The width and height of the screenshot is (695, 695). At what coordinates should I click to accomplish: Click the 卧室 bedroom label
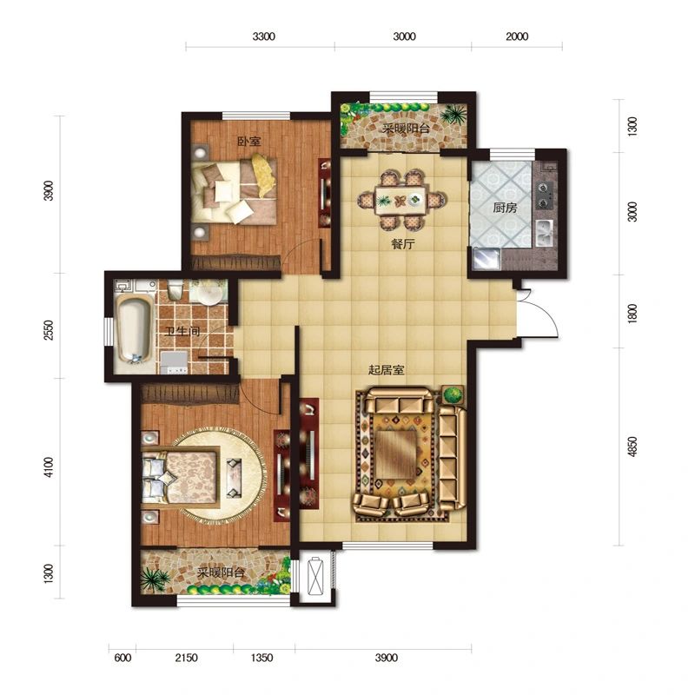(x=249, y=142)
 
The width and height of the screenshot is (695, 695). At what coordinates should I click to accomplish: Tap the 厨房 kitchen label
(x=505, y=208)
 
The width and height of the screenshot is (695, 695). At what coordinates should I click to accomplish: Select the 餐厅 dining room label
(x=403, y=244)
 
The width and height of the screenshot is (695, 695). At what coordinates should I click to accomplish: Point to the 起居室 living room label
(x=386, y=370)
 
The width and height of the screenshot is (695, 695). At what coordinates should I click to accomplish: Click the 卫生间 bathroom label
(x=182, y=331)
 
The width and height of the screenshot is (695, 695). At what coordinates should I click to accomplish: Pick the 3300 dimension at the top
(x=264, y=36)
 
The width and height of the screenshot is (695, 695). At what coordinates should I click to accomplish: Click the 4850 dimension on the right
(x=632, y=447)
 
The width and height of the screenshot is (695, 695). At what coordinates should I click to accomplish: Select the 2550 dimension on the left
(x=49, y=330)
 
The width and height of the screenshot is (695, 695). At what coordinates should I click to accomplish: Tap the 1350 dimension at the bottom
(x=262, y=658)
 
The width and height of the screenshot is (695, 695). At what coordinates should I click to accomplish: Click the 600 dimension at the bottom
(x=122, y=658)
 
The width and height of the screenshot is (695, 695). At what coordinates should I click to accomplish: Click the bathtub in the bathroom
(x=134, y=329)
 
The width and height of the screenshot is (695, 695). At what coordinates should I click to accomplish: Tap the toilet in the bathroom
(x=175, y=289)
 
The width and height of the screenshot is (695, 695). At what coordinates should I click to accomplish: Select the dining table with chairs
(x=401, y=200)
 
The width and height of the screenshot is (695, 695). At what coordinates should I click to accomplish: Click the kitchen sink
(x=545, y=233)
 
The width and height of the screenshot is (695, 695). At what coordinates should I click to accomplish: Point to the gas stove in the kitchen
(x=545, y=195)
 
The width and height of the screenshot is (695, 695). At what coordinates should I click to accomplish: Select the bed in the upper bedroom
(x=234, y=189)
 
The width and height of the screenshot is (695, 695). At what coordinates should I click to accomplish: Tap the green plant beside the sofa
(x=453, y=394)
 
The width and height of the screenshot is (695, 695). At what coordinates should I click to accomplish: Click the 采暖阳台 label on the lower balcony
(x=221, y=573)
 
